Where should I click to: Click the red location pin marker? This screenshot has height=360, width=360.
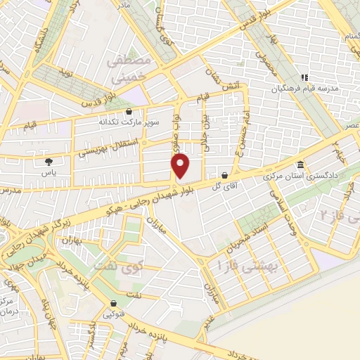tap(181, 165)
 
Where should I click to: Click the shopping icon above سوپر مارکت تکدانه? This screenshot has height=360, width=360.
tap(128, 111)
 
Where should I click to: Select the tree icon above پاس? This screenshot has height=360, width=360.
tap(48, 162)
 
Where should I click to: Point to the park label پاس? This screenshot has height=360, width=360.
tap(49, 172)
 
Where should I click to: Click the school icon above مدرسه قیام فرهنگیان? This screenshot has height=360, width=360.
tap(304, 77)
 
